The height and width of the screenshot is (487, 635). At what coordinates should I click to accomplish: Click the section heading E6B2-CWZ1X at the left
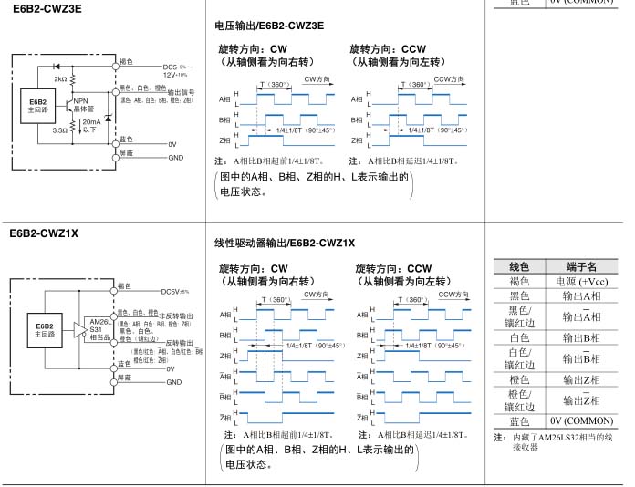tap(44, 233)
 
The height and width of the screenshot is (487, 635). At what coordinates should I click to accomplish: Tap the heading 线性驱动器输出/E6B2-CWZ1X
tap(284, 242)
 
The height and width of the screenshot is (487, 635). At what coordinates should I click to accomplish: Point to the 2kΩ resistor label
tap(60, 79)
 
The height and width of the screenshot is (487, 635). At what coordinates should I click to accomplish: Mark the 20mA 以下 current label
tap(92, 125)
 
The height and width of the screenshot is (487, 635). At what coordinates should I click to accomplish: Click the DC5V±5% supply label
tap(175, 292)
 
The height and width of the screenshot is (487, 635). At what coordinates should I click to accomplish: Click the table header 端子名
tap(580, 266)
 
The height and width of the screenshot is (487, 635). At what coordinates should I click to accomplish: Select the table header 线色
tap(519, 266)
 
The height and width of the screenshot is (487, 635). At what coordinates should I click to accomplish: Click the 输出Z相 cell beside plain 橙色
tap(580, 379)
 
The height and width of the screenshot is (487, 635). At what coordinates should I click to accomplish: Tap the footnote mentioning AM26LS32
tap(558, 441)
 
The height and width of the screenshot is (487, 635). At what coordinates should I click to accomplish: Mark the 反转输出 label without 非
tap(173, 342)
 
